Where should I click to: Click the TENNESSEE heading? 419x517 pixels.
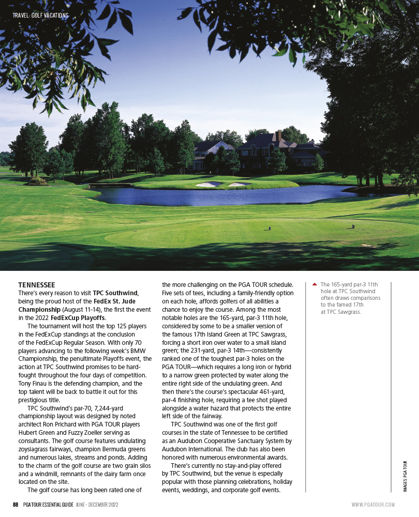37,285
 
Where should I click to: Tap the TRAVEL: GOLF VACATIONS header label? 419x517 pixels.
40,16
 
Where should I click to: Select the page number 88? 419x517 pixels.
16,505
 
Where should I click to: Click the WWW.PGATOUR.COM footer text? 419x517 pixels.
373,505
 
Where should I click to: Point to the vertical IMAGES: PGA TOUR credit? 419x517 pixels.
405,476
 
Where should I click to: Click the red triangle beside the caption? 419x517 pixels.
314,284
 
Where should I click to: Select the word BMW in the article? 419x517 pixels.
141,350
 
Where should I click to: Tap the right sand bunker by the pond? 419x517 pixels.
237,185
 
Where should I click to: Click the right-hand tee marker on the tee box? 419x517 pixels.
353,226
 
